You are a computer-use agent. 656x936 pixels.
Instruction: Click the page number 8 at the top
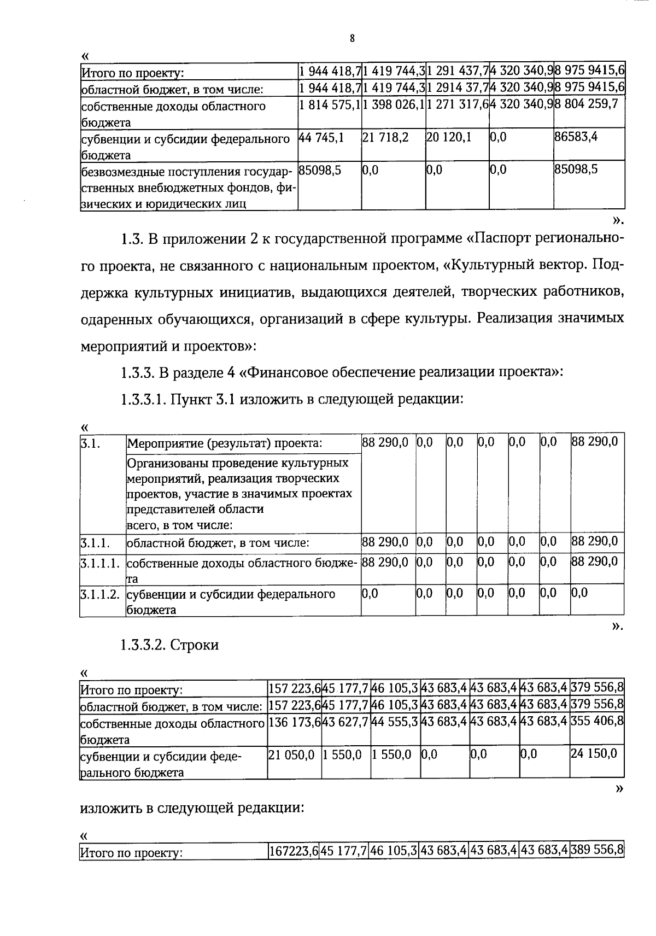pos(352,38)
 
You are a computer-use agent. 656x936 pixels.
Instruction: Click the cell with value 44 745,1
pos(322,137)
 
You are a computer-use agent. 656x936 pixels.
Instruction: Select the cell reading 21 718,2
pos(385,137)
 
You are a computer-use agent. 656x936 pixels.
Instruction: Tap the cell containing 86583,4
pos(576,136)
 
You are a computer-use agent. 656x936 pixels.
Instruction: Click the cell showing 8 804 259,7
pos(587,104)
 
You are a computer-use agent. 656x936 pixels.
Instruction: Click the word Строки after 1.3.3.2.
pos(195,645)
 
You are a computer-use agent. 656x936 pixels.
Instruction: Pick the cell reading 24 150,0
pos(594,754)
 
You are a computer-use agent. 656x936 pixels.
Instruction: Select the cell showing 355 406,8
pos(597,721)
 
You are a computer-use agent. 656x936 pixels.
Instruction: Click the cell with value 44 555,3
pos(394,722)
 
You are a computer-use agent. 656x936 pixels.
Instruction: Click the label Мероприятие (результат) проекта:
pos(225,443)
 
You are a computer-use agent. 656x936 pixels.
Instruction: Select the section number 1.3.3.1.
pos(143,399)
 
